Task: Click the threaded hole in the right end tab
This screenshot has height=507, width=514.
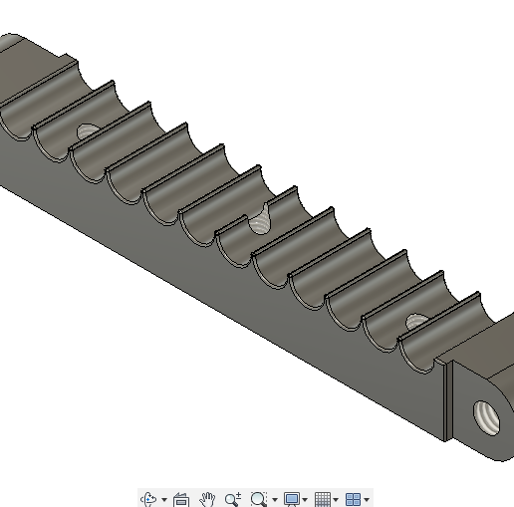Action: (x=489, y=414)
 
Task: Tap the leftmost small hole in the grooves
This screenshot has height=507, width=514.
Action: (x=88, y=130)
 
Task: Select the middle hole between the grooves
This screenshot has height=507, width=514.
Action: (x=261, y=221)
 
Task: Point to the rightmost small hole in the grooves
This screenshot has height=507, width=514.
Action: (x=414, y=321)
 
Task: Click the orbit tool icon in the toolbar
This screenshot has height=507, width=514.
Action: (x=148, y=499)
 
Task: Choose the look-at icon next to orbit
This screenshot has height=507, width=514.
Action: (x=181, y=499)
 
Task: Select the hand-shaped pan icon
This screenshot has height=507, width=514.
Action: (x=207, y=499)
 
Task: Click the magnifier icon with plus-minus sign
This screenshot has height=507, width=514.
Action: (x=233, y=499)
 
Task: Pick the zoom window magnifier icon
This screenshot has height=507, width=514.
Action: (x=259, y=499)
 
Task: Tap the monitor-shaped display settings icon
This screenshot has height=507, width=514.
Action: (x=291, y=499)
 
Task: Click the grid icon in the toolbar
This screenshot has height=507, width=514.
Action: (x=323, y=499)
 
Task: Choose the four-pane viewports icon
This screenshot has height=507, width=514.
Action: (x=353, y=499)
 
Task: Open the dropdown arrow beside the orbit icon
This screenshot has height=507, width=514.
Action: (x=163, y=500)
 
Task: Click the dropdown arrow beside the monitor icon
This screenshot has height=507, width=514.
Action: (x=305, y=500)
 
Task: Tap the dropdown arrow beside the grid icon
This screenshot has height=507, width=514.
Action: (x=336, y=500)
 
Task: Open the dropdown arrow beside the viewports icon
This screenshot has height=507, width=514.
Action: (x=367, y=500)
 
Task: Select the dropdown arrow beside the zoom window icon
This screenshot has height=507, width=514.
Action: (x=273, y=500)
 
